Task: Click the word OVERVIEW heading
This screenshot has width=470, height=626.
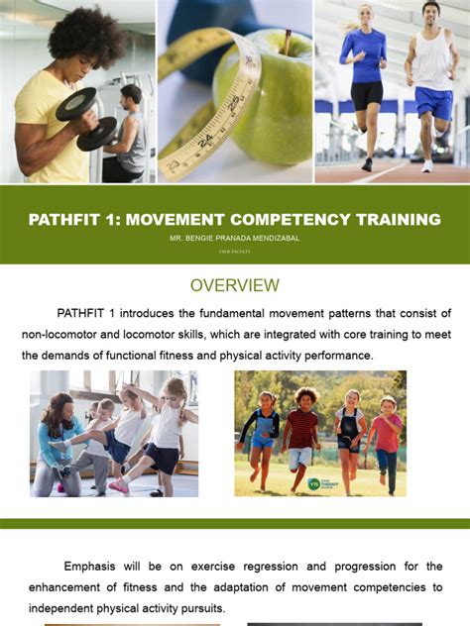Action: (235, 285)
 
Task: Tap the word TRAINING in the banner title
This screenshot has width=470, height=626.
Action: (391, 219)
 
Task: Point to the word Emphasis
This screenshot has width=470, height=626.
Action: (95, 567)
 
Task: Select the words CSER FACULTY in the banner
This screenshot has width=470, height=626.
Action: (235, 252)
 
